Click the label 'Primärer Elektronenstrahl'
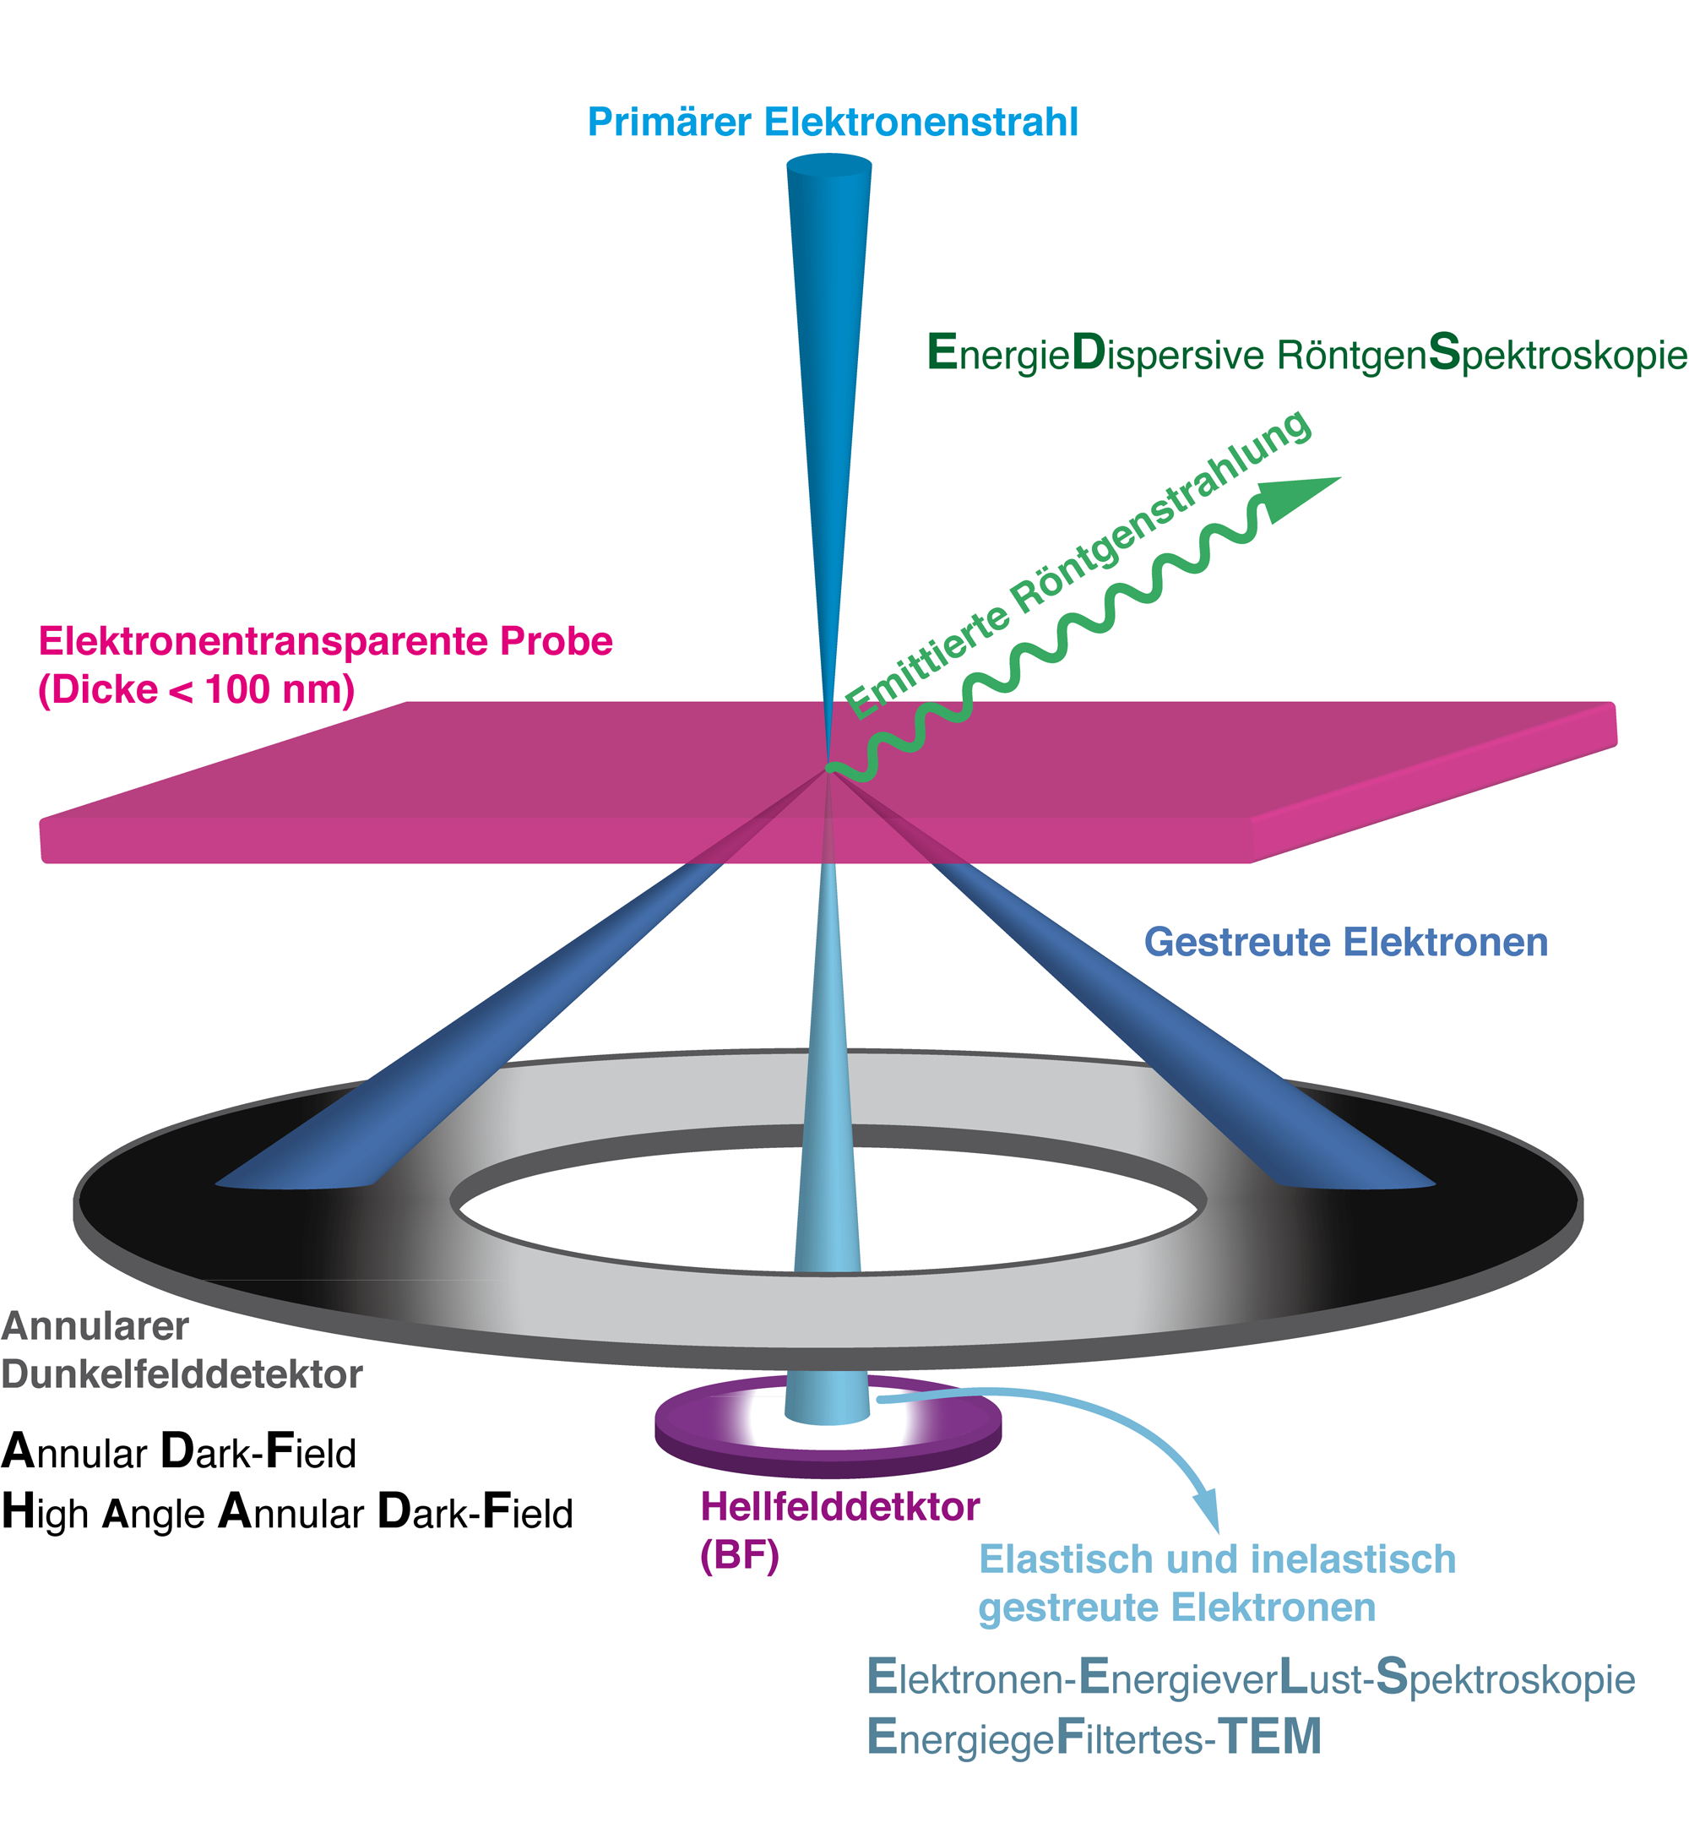tap(832, 122)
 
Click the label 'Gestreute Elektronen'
tap(1345, 943)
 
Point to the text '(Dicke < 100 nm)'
tap(196, 690)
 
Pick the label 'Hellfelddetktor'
tap(839, 1506)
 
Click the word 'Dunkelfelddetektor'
tap(181, 1374)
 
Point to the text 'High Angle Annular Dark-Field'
tap(287, 1513)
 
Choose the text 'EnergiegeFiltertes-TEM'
tap(1093, 1737)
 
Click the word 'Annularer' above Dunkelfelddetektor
tap(95, 1326)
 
